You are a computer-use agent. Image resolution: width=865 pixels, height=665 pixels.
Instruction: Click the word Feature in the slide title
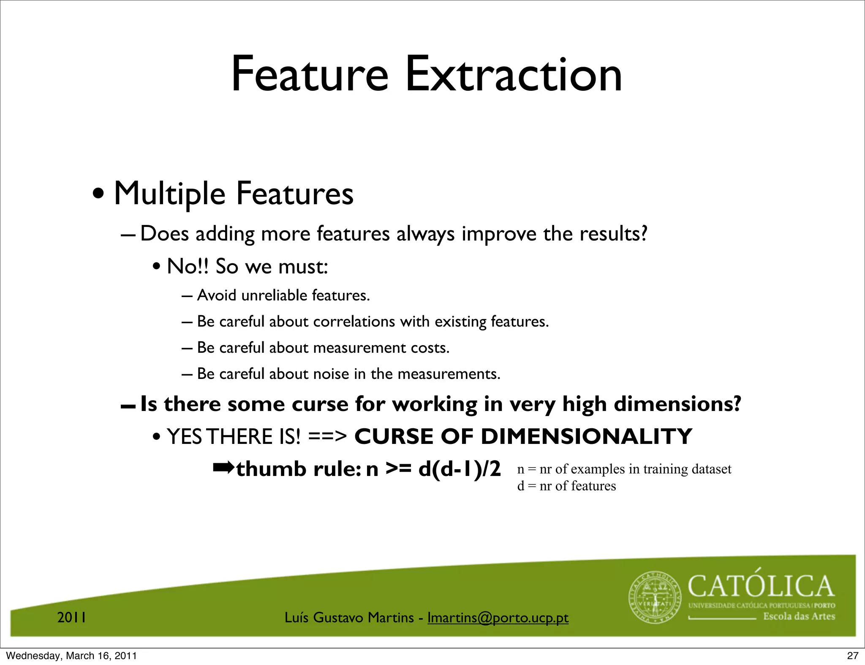coord(310,75)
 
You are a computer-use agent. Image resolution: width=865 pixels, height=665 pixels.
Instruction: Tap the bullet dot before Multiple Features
coord(98,195)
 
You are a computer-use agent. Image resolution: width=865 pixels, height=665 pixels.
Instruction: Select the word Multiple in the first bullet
coord(169,195)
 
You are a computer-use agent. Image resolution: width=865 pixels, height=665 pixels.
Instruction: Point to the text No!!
coord(188,267)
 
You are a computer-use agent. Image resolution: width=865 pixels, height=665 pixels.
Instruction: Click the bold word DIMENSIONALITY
coord(586,436)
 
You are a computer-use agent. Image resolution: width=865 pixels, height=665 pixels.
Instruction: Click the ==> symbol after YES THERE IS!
coord(327,437)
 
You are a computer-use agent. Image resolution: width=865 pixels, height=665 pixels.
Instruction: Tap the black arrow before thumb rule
coord(223,468)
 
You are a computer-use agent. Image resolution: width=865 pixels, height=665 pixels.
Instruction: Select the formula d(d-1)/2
coord(459,469)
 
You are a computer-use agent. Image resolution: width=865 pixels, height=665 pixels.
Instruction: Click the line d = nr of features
coord(566,486)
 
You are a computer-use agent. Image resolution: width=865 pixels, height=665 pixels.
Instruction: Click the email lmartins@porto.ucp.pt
coord(498,618)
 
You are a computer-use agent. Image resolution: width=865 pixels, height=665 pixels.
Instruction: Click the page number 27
coord(853,656)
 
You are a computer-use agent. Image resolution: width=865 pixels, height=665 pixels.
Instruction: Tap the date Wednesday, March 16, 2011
coord(71,656)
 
